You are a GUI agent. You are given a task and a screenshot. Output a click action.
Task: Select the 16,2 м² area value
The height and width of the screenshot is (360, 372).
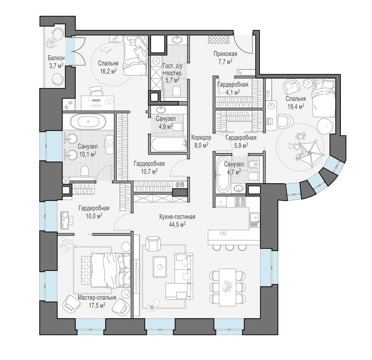point(108,71)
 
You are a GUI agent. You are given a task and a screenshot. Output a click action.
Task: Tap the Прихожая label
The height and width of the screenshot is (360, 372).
point(225,54)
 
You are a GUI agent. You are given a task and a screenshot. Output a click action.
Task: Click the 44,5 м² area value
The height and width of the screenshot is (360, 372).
point(177,224)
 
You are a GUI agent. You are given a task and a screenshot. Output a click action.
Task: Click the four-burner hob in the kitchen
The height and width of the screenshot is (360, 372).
point(240,201)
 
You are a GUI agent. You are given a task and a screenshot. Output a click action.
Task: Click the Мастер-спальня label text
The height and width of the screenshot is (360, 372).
point(97,298)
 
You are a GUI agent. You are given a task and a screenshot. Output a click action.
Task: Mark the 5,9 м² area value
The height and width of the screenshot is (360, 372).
point(241,145)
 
